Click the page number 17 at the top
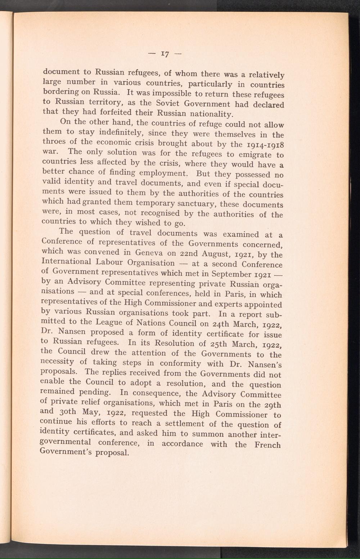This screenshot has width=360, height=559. [165, 54]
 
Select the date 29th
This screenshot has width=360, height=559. [273, 405]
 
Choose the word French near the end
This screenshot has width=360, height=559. [267, 445]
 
